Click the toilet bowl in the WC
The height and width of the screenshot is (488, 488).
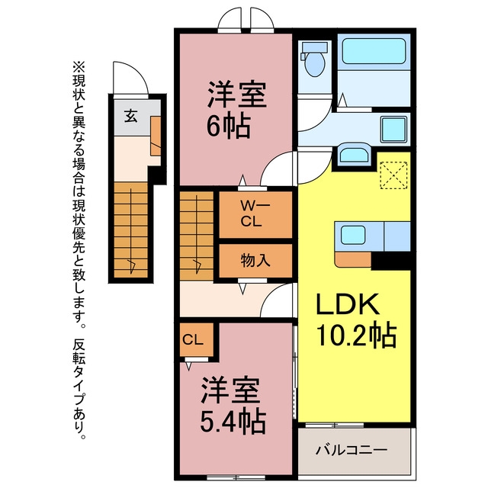coord(315,64)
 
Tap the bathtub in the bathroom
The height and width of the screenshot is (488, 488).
coord(374,51)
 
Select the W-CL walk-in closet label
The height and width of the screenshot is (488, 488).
coord(255,213)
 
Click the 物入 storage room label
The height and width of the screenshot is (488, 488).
coord(255,260)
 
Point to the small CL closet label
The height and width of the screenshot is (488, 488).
coord(193,340)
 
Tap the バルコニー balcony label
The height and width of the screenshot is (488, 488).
coord(352,450)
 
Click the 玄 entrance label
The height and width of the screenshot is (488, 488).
coord(130,116)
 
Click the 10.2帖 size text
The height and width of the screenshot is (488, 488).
coord(356,335)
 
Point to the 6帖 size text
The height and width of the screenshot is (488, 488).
coord(229,127)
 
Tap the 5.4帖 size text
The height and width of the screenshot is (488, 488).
coord(233,422)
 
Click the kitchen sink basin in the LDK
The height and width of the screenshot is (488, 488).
coord(353,235)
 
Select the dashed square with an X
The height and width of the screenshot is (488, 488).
coord(393,175)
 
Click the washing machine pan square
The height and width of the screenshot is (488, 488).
coord(394,129)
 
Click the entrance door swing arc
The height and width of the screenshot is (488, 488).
coord(130,78)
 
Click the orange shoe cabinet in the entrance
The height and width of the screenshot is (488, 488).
coord(156,136)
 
